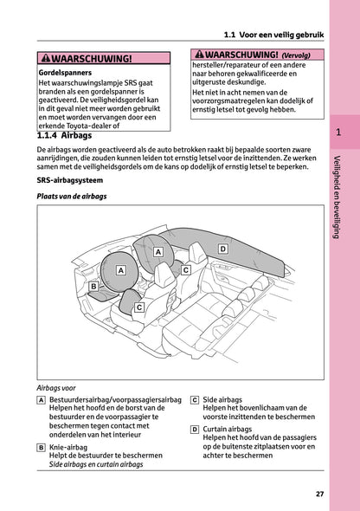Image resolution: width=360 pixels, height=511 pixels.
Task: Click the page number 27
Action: (x=319, y=494)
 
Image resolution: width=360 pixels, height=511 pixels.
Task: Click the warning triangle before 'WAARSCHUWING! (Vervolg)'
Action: (x=200, y=55)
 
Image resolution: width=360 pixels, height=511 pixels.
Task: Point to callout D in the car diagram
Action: (x=222, y=249)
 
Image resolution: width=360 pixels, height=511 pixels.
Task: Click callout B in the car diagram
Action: (x=93, y=285)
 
